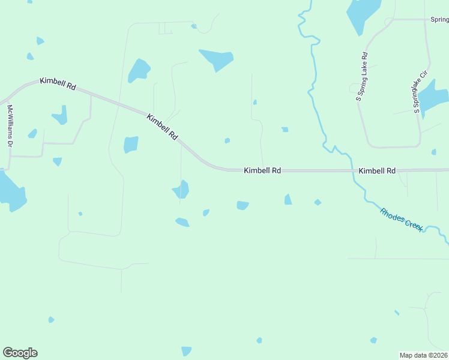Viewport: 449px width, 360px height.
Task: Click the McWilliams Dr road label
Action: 10,126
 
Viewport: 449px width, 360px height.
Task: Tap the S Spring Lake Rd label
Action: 362,77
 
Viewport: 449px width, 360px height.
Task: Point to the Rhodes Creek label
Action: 402,220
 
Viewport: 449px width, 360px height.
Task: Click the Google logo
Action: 20,353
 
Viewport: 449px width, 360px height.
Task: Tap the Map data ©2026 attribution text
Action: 424,355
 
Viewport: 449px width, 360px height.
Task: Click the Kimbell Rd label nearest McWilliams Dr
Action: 58,83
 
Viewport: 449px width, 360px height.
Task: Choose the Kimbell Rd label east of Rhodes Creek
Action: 377,171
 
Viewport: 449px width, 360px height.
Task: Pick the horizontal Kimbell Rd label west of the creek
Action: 262,171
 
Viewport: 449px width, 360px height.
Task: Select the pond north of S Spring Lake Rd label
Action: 362,15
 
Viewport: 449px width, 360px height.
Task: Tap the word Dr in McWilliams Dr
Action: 10,143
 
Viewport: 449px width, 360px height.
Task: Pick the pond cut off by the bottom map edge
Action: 186,351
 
